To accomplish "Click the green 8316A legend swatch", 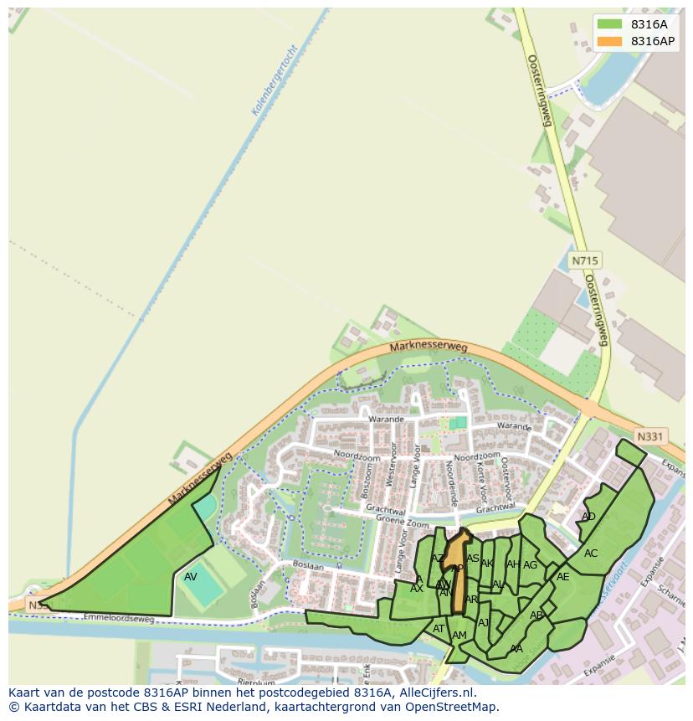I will pyautogui.click(x=610, y=24).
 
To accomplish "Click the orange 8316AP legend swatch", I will pyautogui.click(x=610, y=41).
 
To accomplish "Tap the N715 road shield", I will pyautogui.click(x=585, y=261).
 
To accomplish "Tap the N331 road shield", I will pyautogui.click(x=649, y=436).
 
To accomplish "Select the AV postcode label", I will pyautogui.click(x=191, y=577).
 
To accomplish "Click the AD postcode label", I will pyautogui.click(x=588, y=517).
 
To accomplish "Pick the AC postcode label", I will pyautogui.click(x=591, y=553).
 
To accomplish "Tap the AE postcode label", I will pyautogui.click(x=562, y=576).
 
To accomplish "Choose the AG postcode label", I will pyautogui.click(x=530, y=565).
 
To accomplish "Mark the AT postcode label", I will pyautogui.click(x=439, y=629).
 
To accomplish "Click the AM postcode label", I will pyautogui.click(x=459, y=636).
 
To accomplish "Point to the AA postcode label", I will pyautogui.click(x=516, y=648).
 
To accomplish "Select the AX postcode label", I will pyautogui.click(x=416, y=589).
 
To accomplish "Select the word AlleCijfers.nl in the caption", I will pyautogui.click(x=437, y=693).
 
